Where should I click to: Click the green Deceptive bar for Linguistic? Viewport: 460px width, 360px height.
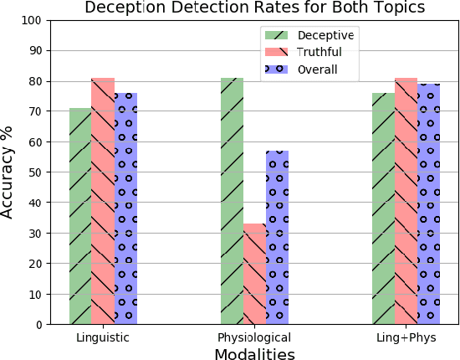point(80,216)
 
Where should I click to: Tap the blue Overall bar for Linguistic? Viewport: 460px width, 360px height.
point(125,208)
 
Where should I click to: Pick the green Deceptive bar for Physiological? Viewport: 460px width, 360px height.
point(232,201)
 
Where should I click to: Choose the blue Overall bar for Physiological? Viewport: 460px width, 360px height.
point(277,238)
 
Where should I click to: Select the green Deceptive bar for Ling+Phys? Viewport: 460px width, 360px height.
point(383,208)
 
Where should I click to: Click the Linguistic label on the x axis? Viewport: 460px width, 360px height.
point(103,337)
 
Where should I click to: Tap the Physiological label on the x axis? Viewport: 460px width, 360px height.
point(254,337)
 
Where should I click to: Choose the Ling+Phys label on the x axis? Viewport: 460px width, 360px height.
point(406,337)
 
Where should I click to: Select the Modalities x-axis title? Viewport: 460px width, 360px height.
point(254,353)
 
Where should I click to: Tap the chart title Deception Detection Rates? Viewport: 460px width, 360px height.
point(254,8)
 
